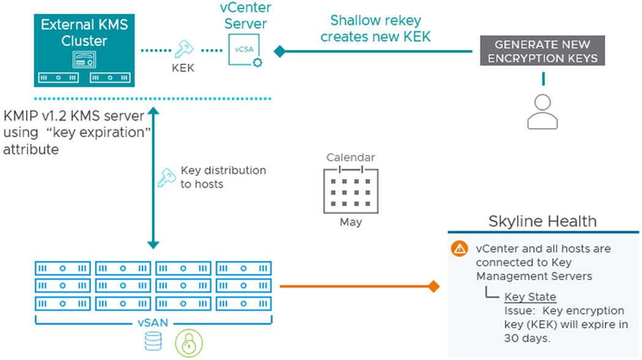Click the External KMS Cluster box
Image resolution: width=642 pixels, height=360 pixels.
tap(85, 50)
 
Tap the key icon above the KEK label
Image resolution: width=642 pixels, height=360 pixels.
tap(184, 49)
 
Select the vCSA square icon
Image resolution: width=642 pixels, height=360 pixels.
tap(244, 50)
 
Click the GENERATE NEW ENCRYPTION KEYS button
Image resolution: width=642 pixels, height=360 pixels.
tap(543, 51)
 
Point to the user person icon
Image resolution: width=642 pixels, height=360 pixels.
tap(543, 111)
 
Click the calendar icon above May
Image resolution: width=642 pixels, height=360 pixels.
tap(351, 190)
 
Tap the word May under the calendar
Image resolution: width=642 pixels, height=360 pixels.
tap(351, 222)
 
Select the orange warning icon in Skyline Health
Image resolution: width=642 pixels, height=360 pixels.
tap(459, 249)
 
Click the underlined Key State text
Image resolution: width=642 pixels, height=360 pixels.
tap(531, 296)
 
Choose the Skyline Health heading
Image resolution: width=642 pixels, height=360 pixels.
tap(543, 221)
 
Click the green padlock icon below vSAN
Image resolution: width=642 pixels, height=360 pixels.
tap(189, 343)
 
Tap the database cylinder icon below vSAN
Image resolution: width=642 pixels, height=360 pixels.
tap(153, 341)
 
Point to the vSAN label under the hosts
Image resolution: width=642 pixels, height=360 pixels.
tap(153, 323)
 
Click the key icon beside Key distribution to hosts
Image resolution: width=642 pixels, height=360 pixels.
tap(167, 178)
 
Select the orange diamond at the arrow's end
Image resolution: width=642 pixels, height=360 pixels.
tap(434, 287)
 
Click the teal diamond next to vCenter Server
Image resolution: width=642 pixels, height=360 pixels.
tap(279, 51)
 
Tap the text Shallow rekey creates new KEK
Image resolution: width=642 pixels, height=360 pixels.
tap(376, 29)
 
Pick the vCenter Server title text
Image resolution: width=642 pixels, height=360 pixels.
tap(246, 15)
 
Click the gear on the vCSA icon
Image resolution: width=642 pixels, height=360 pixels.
tap(257, 62)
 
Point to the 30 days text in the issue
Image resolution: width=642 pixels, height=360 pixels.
tap(527, 339)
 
